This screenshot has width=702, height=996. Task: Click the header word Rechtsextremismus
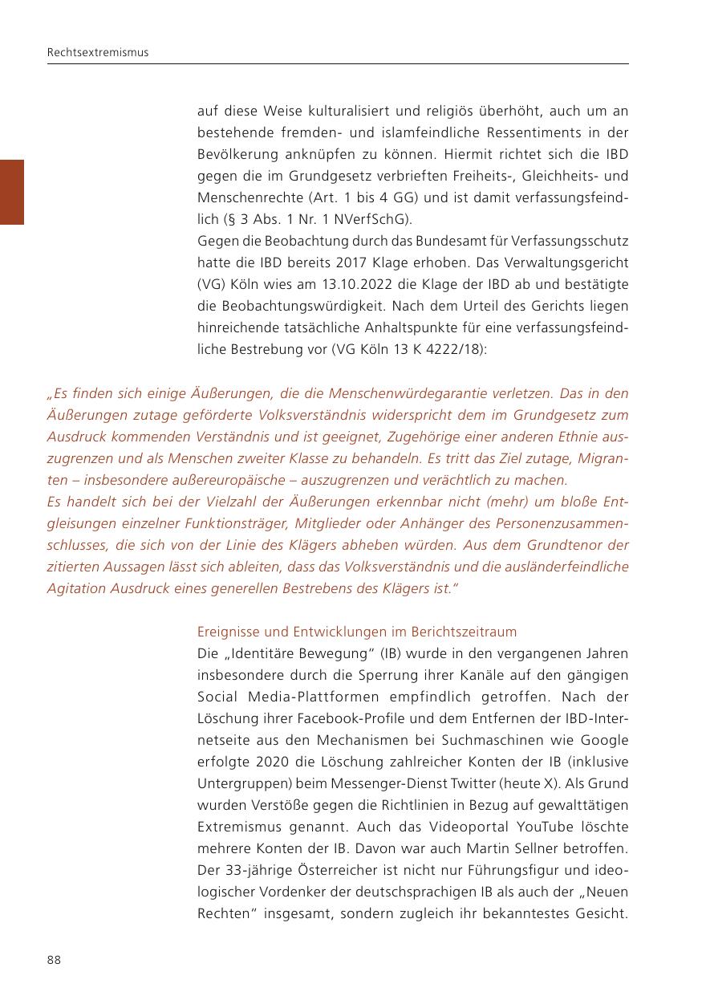point(98,53)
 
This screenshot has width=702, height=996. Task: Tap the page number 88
point(54,960)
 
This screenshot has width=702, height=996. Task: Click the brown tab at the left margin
point(11,192)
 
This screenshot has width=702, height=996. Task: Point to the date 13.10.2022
point(375,285)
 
